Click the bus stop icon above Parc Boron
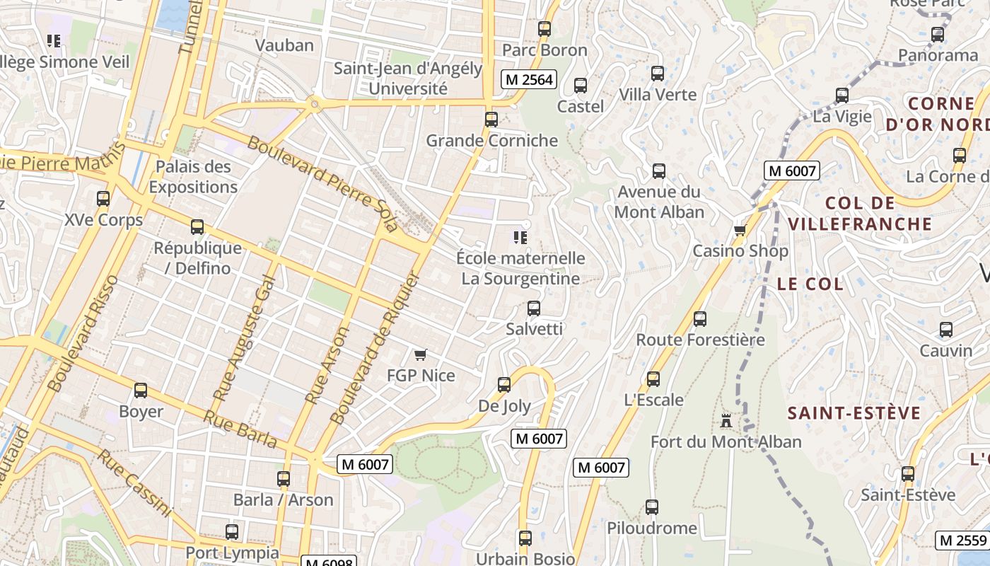click(x=544, y=29)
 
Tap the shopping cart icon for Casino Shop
click(x=740, y=230)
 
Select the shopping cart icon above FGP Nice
click(x=421, y=354)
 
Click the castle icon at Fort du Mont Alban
click(x=726, y=421)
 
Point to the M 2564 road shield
click(x=528, y=80)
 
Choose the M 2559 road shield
click(x=962, y=541)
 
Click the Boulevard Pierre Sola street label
click(x=322, y=183)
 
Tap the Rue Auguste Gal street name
click(x=244, y=337)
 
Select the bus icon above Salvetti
click(x=534, y=308)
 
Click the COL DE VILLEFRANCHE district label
click(x=860, y=214)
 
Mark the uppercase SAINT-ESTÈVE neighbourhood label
click(x=854, y=413)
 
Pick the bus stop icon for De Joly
click(x=503, y=385)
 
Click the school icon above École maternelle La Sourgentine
click(x=521, y=238)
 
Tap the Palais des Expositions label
click(x=193, y=177)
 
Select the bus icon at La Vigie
click(x=841, y=96)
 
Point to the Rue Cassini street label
click(x=134, y=483)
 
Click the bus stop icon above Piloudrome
click(x=651, y=507)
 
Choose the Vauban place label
click(x=284, y=45)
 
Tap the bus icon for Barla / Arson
click(x=284, y=479)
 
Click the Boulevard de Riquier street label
click(x=375, y=348)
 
